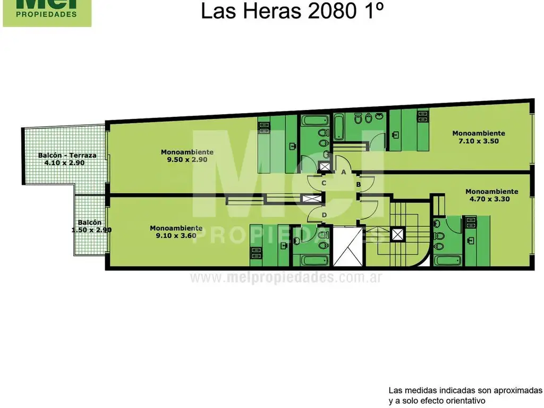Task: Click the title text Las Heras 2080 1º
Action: pos(292,11)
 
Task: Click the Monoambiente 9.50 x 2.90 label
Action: pos(187,156)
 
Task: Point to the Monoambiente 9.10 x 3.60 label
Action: pos(176,232)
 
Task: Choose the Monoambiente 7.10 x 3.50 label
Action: pos(478,137)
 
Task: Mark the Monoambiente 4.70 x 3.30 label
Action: pos(491,195)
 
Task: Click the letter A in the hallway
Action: pos(344,172)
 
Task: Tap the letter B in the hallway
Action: pos(359,184)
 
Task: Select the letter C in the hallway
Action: pos(324,183)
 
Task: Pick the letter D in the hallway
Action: pos(324,214)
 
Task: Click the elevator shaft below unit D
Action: pos(348,246)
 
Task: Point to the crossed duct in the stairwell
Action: pos(397,234)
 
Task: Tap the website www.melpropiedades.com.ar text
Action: pos(286,278)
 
